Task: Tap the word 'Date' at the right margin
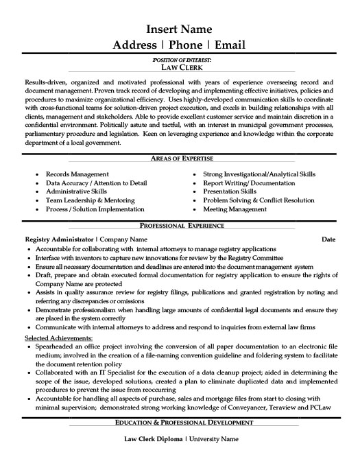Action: click(x=329, y=239)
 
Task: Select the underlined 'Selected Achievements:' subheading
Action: click(x=58, y=338)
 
